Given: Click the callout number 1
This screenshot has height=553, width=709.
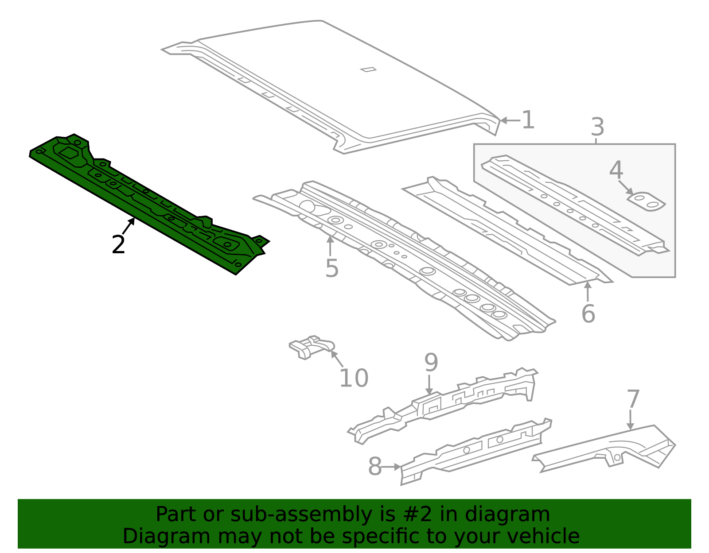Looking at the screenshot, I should click(x=528, y=120).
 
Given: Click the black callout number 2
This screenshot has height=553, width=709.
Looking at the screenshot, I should click(x=118, y=245).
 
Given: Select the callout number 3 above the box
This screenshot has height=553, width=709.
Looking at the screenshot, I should click(x=597, y=128).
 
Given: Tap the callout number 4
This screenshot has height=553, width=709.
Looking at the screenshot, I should click(x=616, y=170).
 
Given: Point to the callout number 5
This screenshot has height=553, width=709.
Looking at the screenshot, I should click(x=331, y=268).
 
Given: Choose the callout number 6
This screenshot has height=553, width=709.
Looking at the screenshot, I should click(x=588, y=314).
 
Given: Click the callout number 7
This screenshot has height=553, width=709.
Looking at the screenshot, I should click(x=633, y=399).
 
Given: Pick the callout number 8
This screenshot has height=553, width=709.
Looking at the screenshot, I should click(x=375, y=467).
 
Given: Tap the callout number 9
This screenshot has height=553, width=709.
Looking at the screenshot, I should click(x=431, y=363).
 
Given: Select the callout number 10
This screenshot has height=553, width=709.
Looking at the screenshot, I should click(x=354, y=378).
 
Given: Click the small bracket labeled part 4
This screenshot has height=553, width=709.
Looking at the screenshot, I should click(x=646, y=201).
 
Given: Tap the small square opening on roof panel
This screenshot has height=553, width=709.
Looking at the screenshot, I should click(x=368, y=69).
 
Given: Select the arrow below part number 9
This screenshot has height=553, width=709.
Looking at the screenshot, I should click(x=429, y=385).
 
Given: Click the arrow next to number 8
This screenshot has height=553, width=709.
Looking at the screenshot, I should click(x=392, y=467).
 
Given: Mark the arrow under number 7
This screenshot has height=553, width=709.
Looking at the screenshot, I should click(x=630, y=420).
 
